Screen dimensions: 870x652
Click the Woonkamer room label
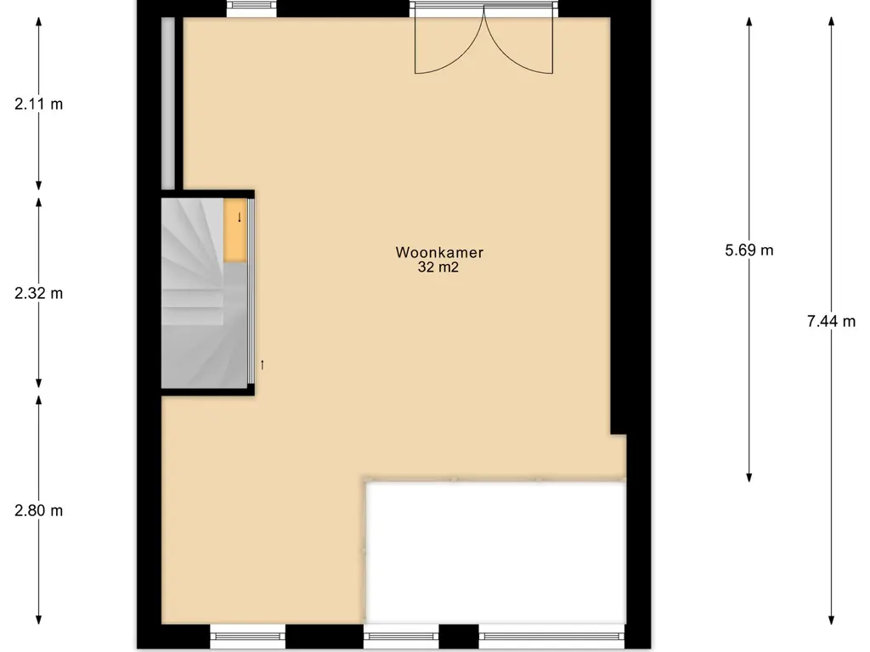point(439,252)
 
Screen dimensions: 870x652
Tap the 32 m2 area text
point(438,267)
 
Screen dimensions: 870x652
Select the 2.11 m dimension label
point(39,104)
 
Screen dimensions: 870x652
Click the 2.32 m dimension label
point(39,293)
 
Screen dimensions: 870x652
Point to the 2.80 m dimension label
point(39,510)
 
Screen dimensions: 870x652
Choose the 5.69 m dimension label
point(749,250)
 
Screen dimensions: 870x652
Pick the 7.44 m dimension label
point(831,321)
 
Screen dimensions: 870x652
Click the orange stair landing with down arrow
point(234,229)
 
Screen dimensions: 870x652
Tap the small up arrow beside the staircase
point(263,365)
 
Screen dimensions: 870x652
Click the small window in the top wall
point(251,8)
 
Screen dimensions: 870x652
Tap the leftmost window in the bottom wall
point(247,637)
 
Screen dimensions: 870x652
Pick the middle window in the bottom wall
point(401,637)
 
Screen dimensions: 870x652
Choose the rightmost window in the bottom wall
point(551,637)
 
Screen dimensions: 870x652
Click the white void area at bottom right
point(496,553)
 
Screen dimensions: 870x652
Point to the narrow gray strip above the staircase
point(168,103)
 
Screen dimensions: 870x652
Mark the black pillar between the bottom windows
point(459,637)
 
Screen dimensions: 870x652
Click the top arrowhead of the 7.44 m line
point(831,20)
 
